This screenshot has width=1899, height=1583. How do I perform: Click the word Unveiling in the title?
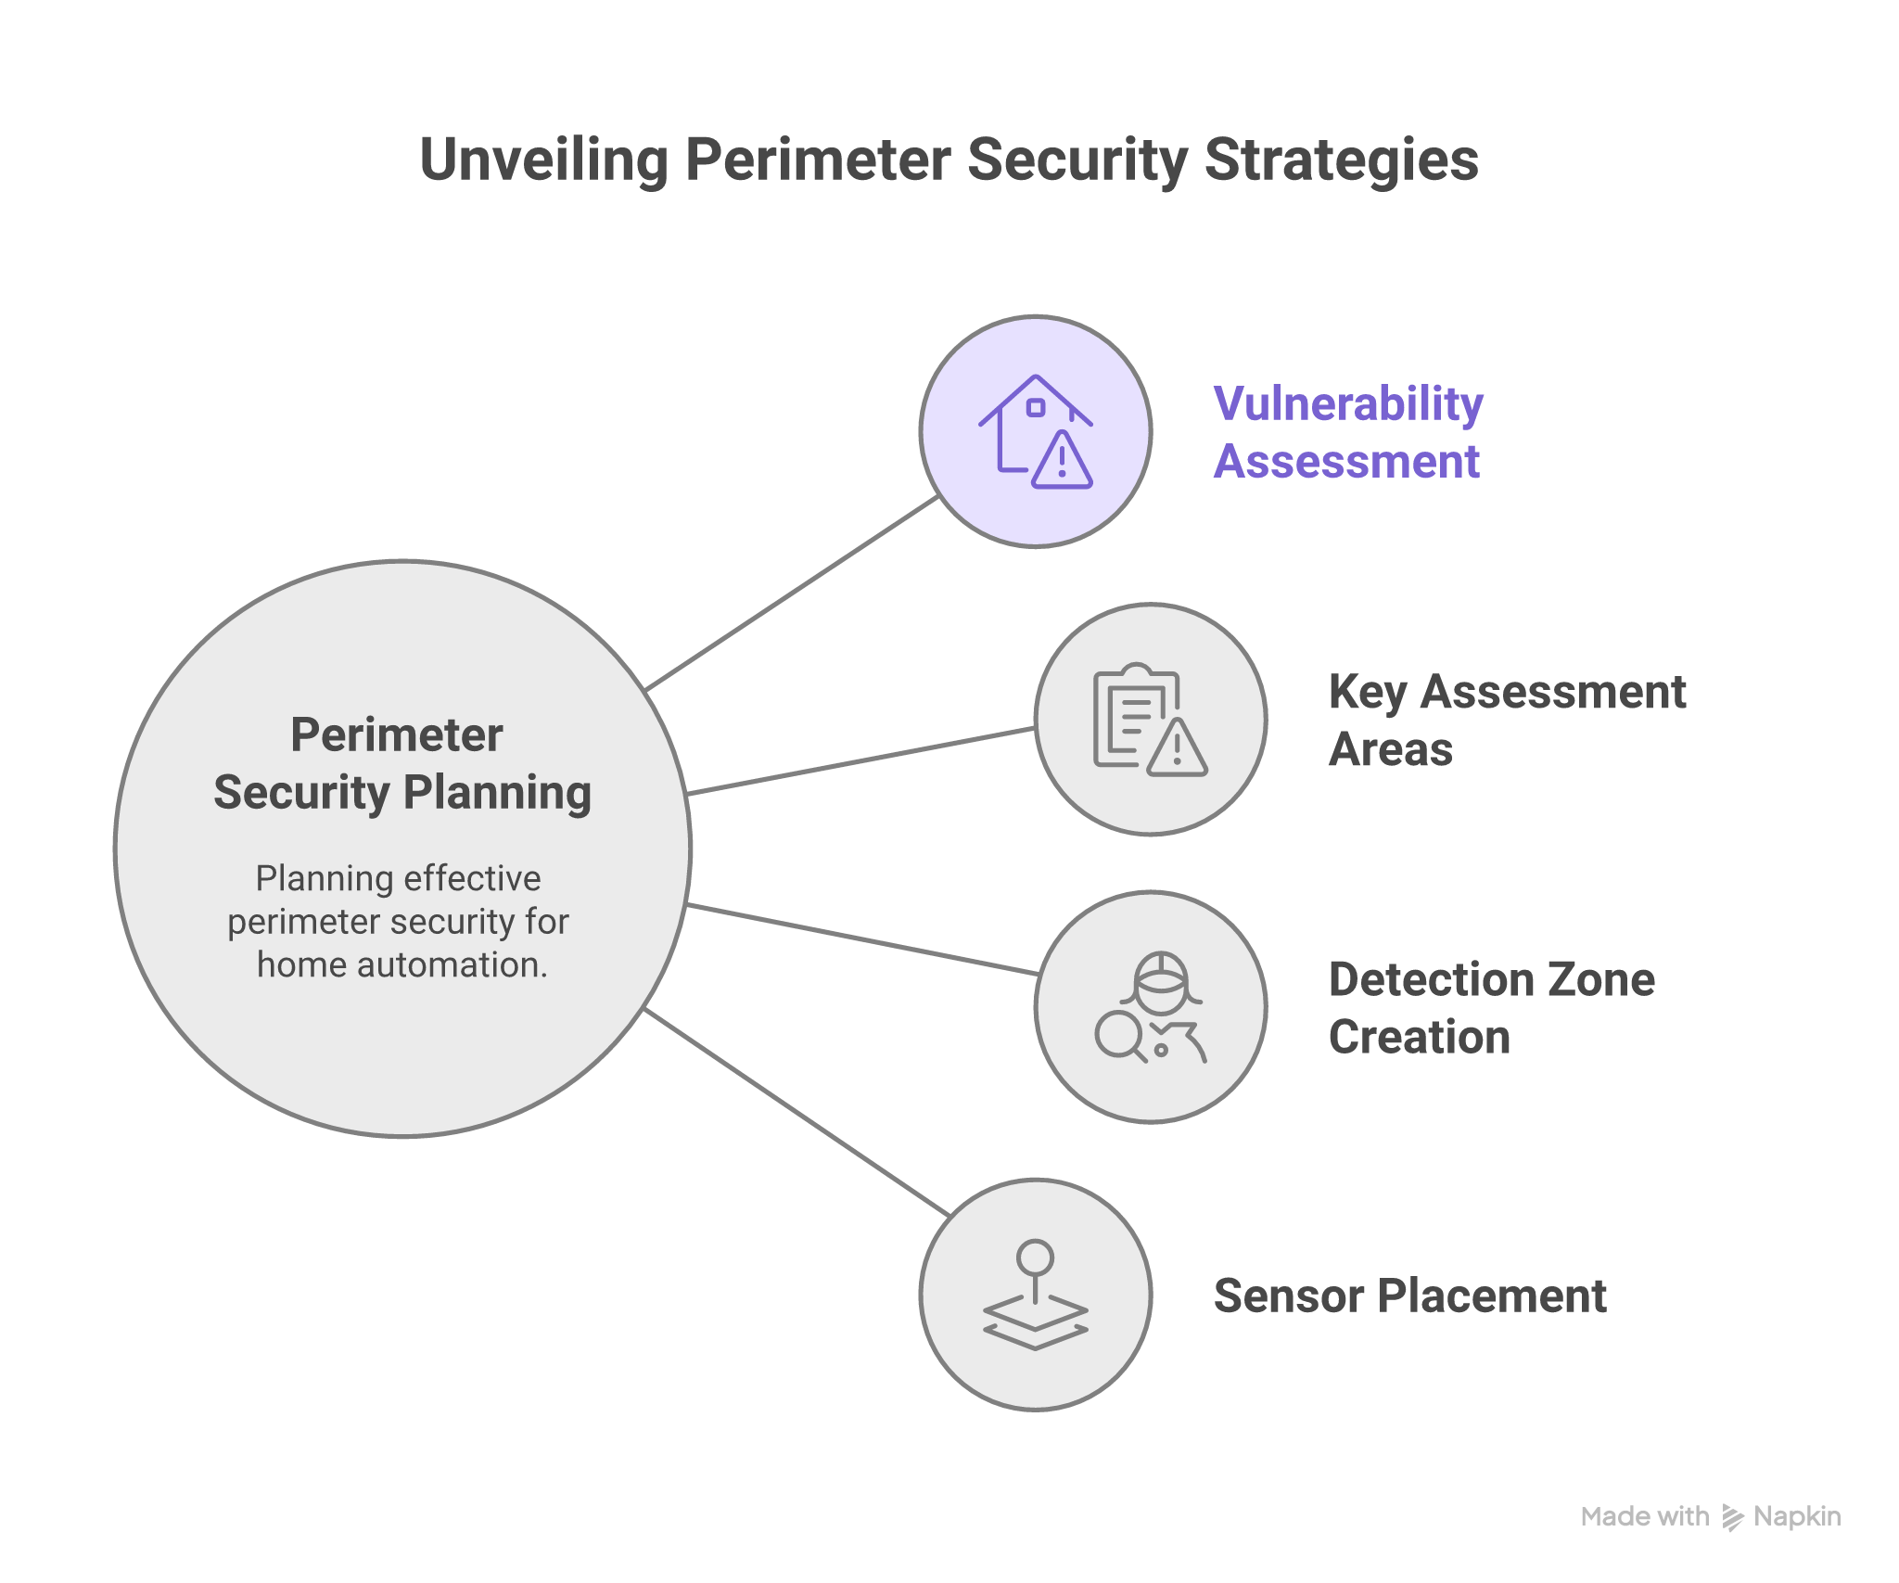[x=542, y=160]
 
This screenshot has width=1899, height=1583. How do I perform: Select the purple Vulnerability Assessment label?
[x=1348, y=432]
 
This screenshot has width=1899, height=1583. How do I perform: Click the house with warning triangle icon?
[x=1036, y=431]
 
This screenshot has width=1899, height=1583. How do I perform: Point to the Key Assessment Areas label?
[x=1506, y=720]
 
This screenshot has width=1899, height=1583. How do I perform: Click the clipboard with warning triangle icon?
[x=1150, y=720]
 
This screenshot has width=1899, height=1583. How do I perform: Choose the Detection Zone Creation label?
[x=1491, y=1007]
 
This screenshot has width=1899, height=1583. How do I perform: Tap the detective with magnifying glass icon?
[x=1150, y=1007]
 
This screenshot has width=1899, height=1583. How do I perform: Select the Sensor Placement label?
[x=1409, y=1296]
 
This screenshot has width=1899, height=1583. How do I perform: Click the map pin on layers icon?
[x=1035, y=1295]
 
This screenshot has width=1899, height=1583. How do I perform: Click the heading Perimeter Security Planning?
[x=401, y=763]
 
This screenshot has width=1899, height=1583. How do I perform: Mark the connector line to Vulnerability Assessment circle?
[x=793, y=594]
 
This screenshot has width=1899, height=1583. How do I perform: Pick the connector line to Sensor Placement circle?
[x=797, y=1112]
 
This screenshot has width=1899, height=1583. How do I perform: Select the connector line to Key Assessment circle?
[x=862, y=761]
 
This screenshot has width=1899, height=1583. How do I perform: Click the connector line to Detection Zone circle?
[x=862, y=939]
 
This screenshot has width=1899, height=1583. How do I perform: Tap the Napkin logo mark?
[x=1732, y=1517]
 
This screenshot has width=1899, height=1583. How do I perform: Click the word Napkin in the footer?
[x=1797, y=1517]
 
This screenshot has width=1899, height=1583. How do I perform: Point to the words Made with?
[x=1644, y=1517]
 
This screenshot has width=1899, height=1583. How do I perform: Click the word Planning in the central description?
[x=311, y=878]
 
